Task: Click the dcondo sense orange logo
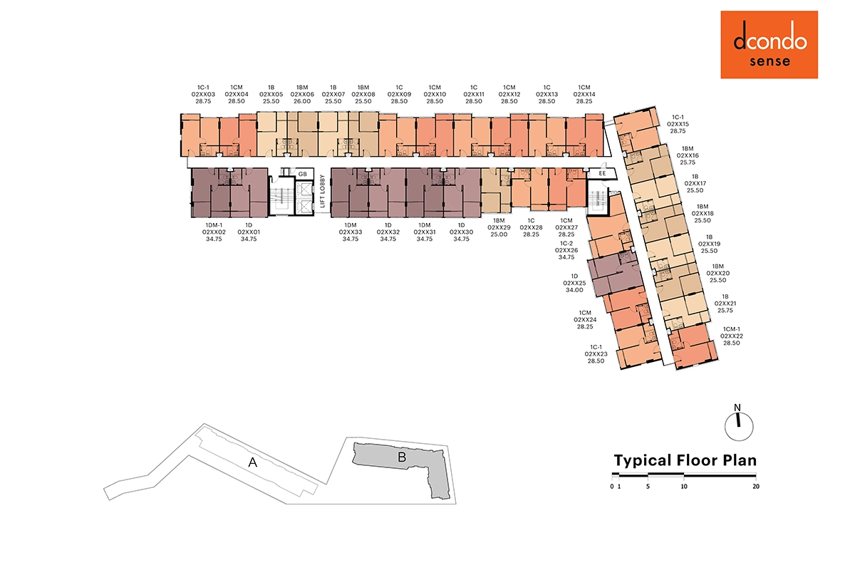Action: tap(769, 45)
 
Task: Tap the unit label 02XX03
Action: tap(203, 94)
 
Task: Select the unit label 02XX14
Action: tap(584, 94)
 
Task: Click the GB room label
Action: tap(303, 174)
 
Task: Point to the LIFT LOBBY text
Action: tap(323, 191)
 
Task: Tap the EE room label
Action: tap(602, 173)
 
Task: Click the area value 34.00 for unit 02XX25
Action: tap(574, 290)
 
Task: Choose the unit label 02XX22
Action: tap(731, 336)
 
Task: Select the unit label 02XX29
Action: tap(499, 227)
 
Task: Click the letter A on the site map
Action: tap(252, 462)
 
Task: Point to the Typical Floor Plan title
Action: tap(685, 460)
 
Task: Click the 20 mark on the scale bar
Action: tap(756, 487)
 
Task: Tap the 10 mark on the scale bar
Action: tap(684, 487)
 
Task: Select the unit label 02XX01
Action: tap(249, 232)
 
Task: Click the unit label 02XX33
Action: tap(351, 232)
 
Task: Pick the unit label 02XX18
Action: tap(703, 214)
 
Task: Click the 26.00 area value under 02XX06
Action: tap(302, 101)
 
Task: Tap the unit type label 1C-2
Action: tap(566, 244)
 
